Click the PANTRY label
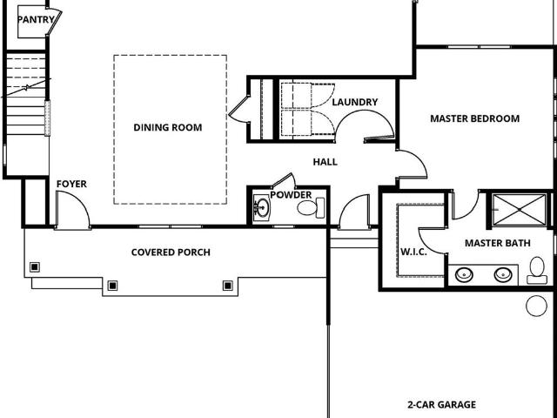point(36,19)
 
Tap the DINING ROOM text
point(168,127)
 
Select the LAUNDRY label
point(355,102)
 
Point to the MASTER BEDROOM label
point(475,118)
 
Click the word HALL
point(325,162)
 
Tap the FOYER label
point(71,184)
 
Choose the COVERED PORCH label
point(171,253)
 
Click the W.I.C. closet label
point(414,252)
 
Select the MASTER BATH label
point(498,243)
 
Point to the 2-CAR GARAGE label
point(441,404)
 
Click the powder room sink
point(262,207)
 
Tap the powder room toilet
point(311,208)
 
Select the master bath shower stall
point(520,210)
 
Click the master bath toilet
point(537,270)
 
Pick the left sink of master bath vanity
point(464,275)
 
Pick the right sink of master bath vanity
point(503,275)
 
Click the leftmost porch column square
point(35,267)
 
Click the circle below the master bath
point(536,306)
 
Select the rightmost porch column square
point(228,286)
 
